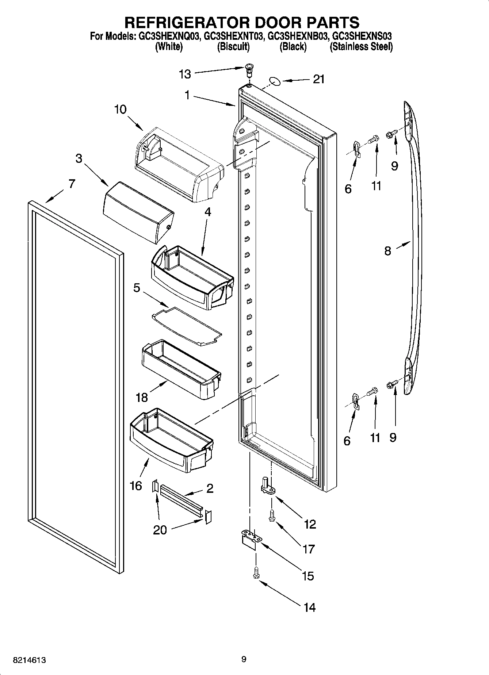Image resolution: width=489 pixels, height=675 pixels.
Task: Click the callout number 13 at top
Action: [185, 74]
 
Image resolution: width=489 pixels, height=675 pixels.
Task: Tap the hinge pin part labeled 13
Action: [249, 69]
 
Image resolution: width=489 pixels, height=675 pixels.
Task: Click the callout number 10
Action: [120, 109]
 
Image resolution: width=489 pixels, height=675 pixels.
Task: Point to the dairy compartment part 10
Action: [179, 164]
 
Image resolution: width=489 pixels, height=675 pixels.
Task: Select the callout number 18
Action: [142, 397]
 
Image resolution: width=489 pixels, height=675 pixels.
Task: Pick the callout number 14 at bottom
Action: [309, 607]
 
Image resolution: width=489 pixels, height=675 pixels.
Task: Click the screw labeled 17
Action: [271, 515]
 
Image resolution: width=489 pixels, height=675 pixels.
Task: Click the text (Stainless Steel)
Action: [361, 47]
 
